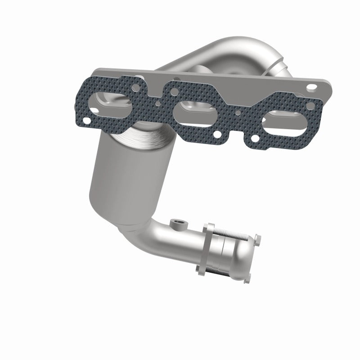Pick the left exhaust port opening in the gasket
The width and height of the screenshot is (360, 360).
pyautogui.click(x=110, y=103)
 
